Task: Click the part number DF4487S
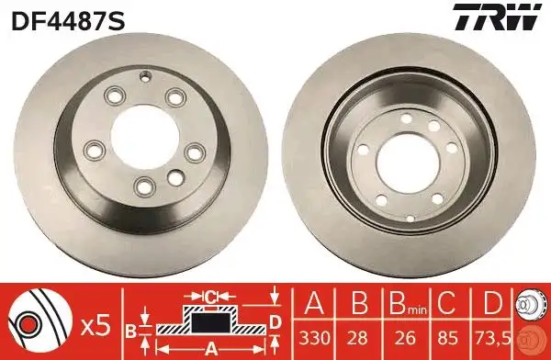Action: (68, 21)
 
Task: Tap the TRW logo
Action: (497, 17)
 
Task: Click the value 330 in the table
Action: (314, 338)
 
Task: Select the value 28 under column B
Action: (359, 338)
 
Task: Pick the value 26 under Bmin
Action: (405, 338)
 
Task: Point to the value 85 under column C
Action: (447, 338)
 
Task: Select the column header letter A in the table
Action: (314, 302)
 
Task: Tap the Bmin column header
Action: (408, 303)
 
